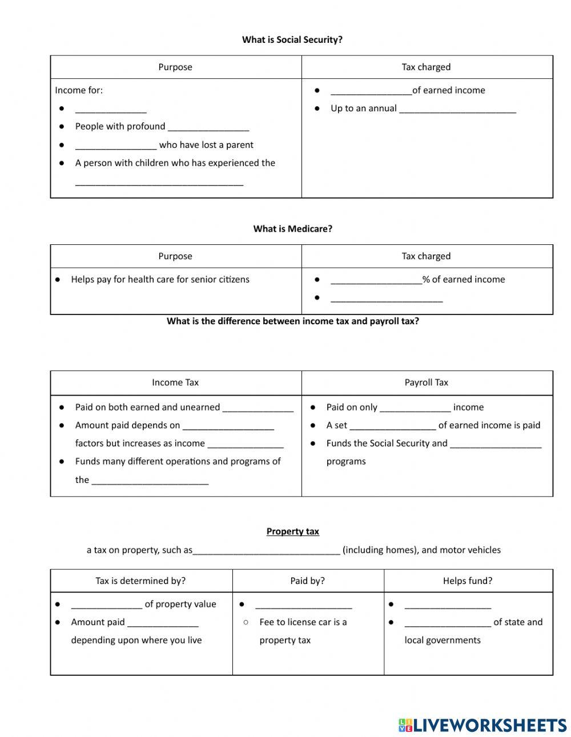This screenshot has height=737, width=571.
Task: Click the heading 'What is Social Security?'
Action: (292, 39)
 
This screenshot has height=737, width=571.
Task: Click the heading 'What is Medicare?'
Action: (292, 228)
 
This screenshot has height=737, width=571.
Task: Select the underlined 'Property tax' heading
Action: (292, 531)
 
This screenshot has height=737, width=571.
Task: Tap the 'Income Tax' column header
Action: (175, 382)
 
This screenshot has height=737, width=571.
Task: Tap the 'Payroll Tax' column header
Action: (427, 382)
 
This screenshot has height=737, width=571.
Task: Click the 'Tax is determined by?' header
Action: (140, 581)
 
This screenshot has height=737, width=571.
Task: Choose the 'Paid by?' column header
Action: (307, 581)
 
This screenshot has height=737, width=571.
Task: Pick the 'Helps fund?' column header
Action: (468, 581)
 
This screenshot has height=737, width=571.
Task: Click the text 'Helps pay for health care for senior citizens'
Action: (160, 279)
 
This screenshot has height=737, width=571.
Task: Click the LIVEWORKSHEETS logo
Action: (482, 725)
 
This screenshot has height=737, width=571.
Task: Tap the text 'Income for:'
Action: (79, 90)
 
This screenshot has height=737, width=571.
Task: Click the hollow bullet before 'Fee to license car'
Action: (246, 622)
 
